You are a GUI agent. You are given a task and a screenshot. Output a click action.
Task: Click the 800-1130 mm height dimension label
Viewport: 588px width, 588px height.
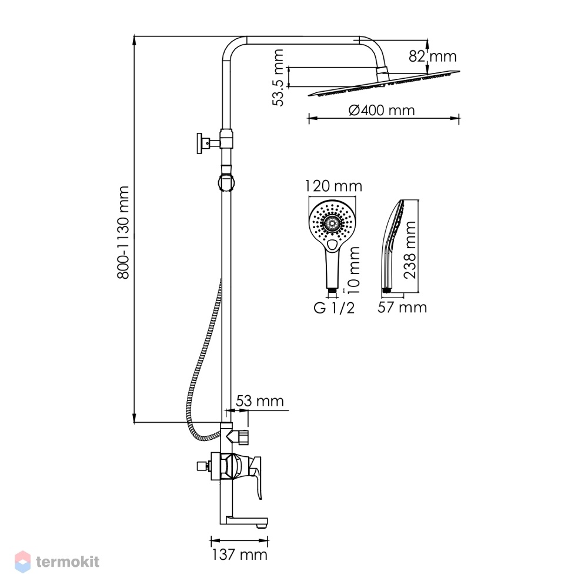(x=123, y=232)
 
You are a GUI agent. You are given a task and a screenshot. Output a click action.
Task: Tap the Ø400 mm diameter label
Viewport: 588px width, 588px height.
(x=382, y=111)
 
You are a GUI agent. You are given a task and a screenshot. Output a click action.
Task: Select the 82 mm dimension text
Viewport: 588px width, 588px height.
(x=433, y=56)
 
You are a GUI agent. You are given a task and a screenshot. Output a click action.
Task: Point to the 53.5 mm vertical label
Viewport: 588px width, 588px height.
(x=278, y=78)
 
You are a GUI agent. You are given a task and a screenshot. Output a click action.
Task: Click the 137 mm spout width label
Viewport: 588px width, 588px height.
(x=239, y=554)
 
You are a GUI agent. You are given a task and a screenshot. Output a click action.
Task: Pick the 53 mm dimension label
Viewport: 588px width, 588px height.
(x=259, y=401)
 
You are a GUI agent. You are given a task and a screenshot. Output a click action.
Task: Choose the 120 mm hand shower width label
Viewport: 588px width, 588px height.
(x=333, y=186)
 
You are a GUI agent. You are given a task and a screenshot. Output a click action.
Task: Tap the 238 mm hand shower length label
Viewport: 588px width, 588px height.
(x=410, y=250)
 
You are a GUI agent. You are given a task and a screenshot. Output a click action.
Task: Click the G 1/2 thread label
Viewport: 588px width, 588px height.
(x=334, y=308)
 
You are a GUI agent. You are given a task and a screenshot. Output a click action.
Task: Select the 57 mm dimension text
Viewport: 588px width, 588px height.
(x=402, y=308)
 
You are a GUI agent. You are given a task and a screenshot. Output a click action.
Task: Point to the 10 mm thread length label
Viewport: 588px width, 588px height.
(x=353, y=270)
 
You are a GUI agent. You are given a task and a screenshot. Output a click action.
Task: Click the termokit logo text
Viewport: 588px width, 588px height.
(x=68, y=562)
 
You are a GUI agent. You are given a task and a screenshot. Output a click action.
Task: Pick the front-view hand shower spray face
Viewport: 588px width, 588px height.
(x=332, y=223)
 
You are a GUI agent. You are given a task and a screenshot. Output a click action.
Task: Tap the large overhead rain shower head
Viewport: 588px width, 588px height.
(x=384, y=83)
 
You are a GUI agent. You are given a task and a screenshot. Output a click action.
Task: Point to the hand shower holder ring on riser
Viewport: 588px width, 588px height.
(x=226, y=182)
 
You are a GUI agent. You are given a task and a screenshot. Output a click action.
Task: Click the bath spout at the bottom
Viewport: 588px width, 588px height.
(x=244, y=521)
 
